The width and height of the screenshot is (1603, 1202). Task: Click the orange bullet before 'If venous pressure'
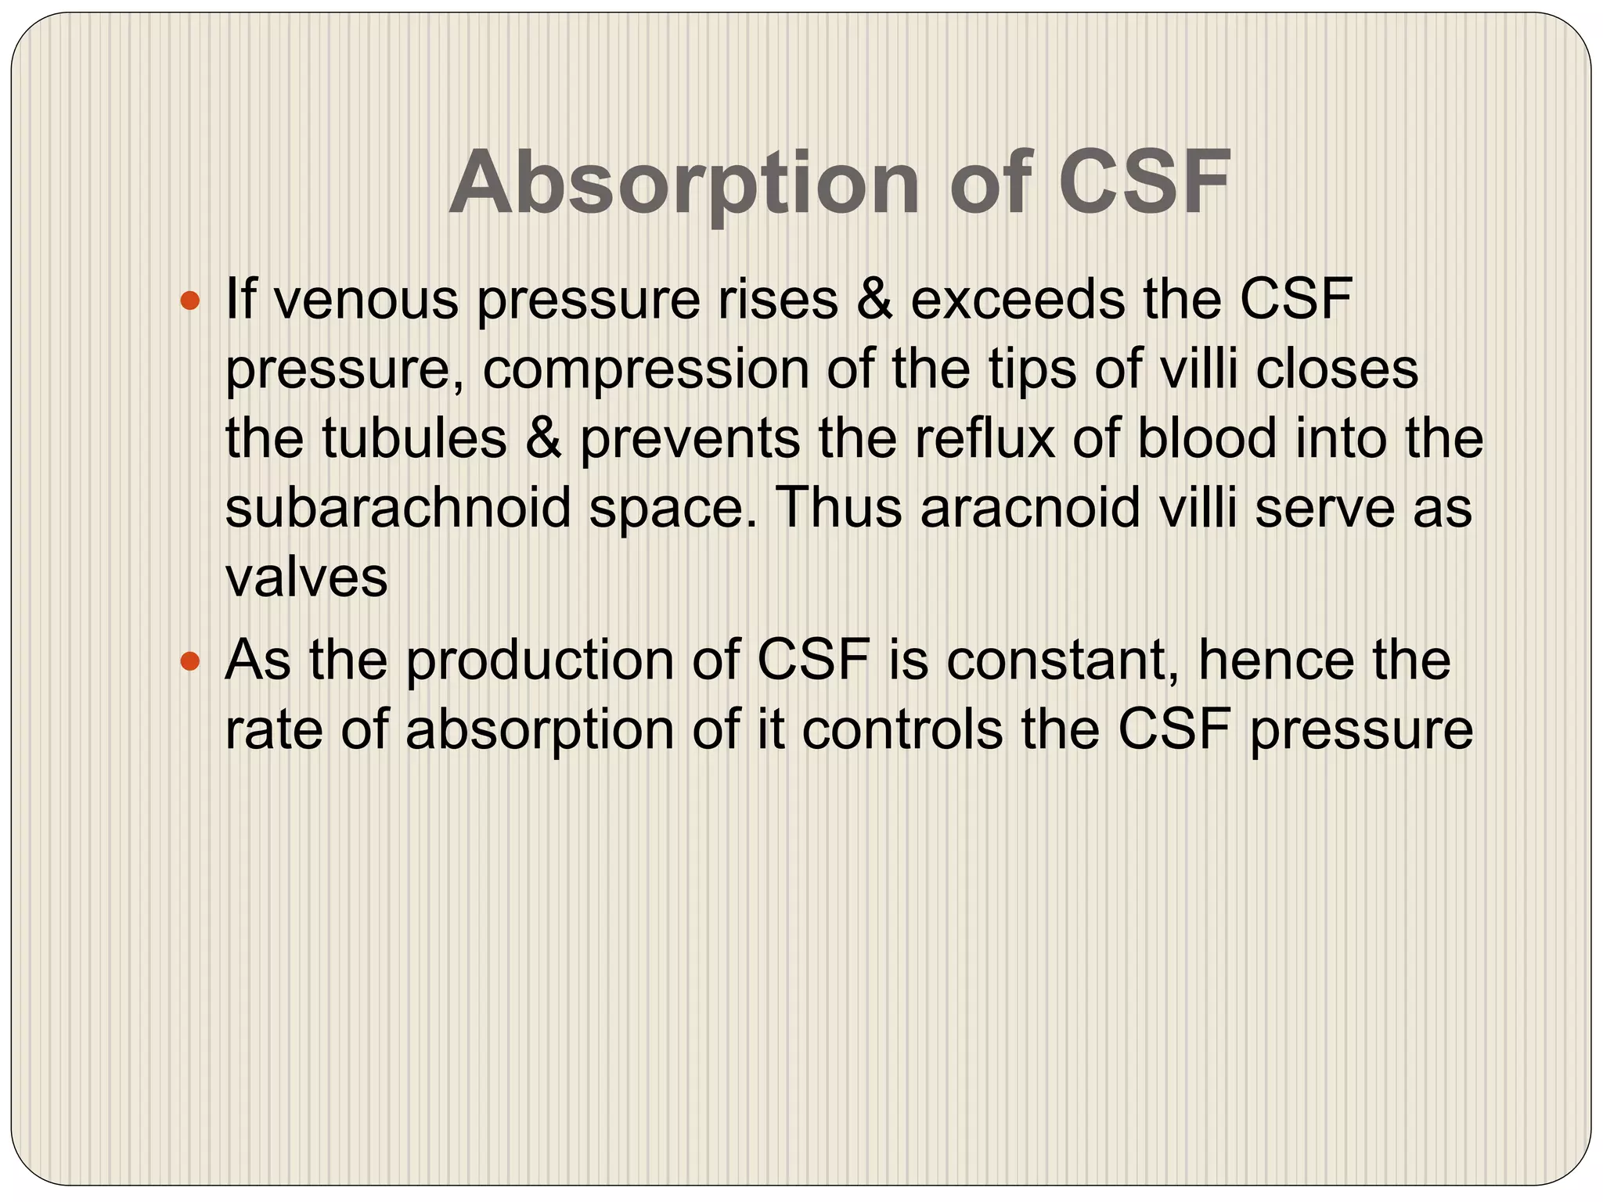190,300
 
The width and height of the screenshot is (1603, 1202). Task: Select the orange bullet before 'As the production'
190,662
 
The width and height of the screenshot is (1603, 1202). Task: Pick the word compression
646,369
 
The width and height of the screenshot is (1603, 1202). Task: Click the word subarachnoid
398,508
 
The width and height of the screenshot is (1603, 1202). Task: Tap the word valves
306,578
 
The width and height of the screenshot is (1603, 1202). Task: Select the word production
540,660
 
